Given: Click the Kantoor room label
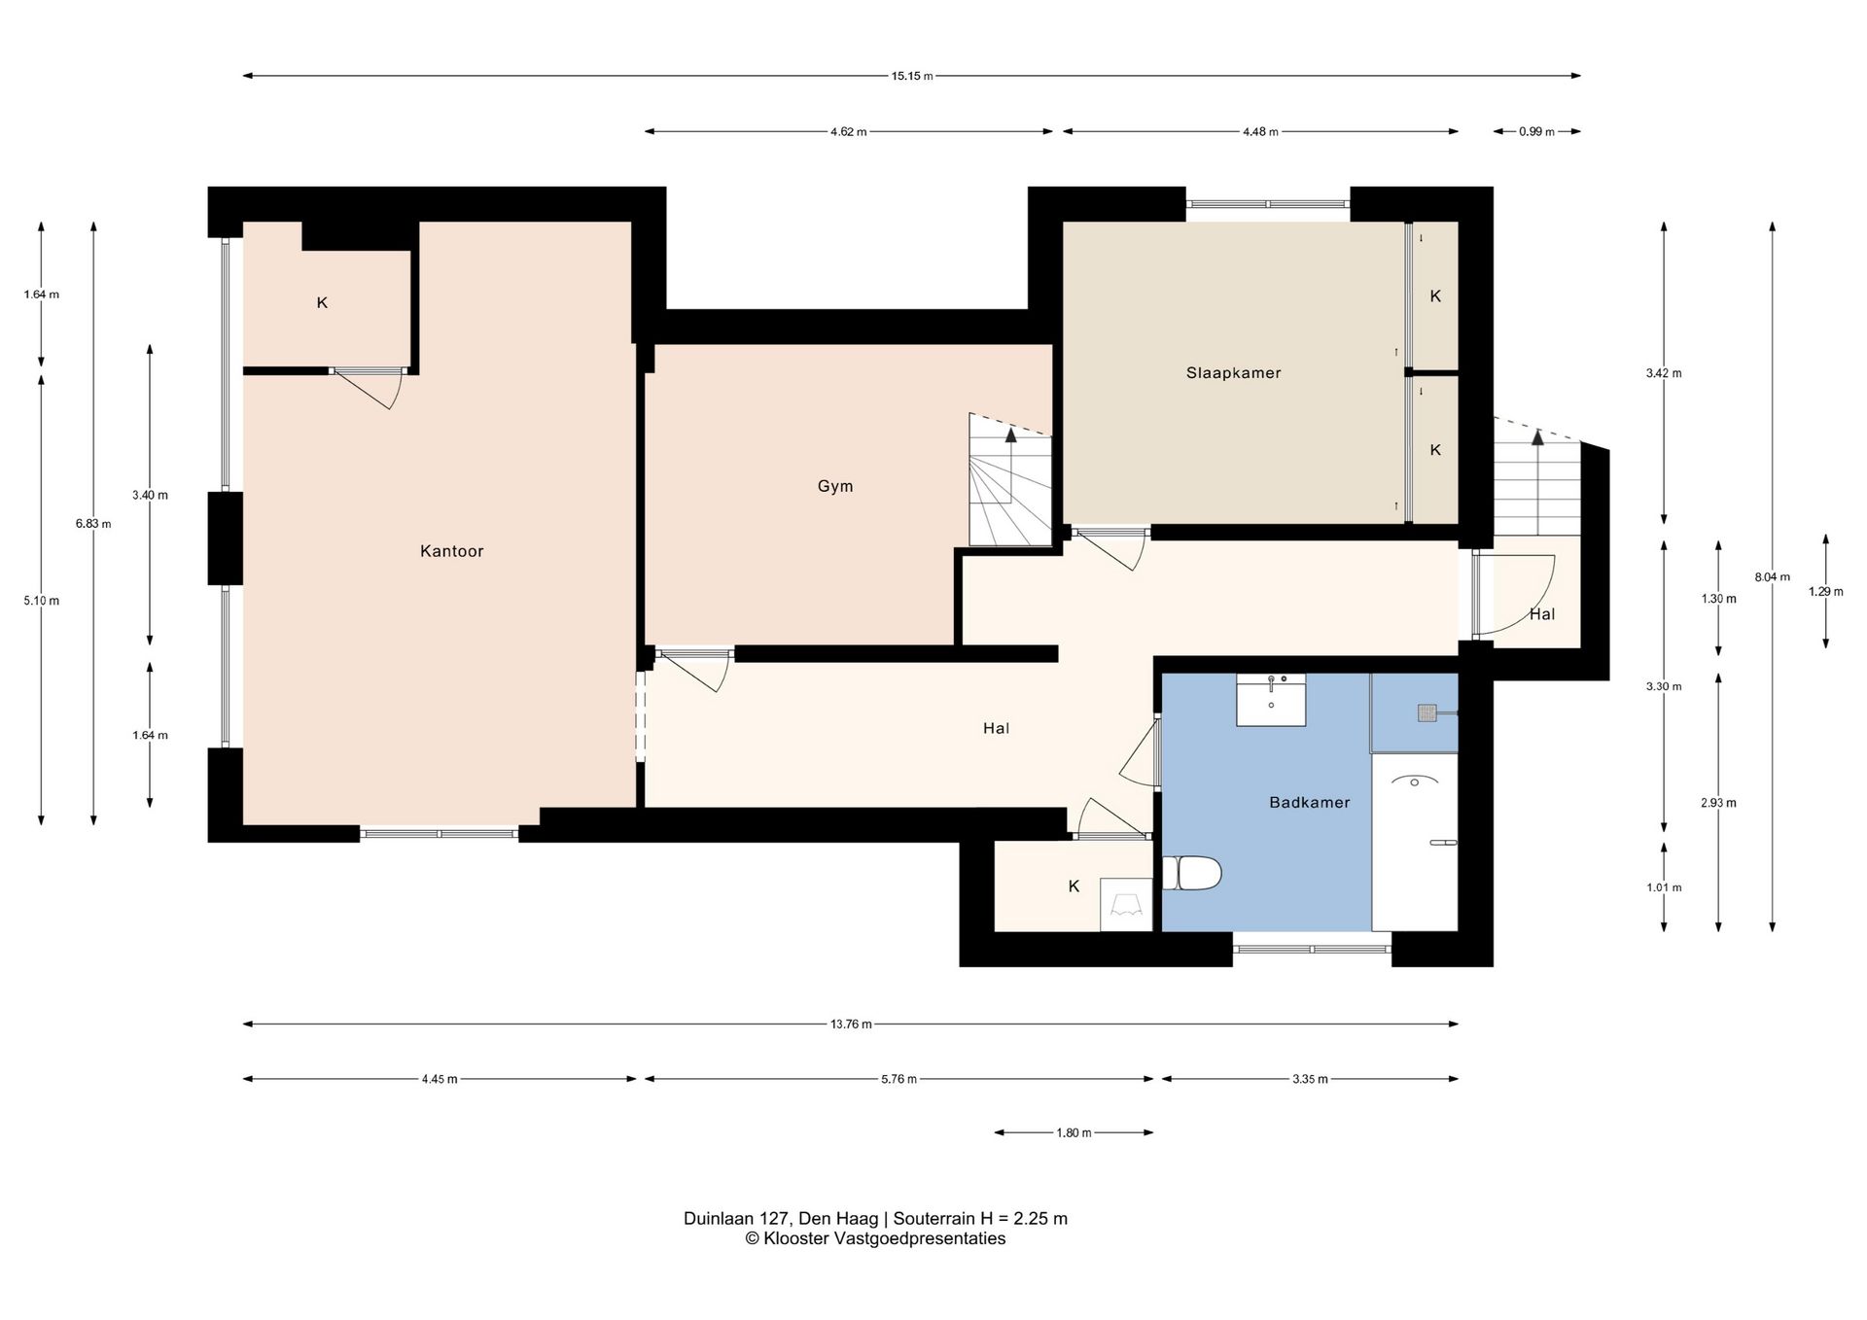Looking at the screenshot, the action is (x=451, y=551).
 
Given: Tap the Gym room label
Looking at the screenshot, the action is (x=835, y=486).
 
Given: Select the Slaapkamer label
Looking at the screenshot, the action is (x=1233, y=372).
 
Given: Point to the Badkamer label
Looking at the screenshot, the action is (x=1309, y=802).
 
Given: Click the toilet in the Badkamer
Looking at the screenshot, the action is (x=1191, y=873).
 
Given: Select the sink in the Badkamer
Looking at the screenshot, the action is (x=1271, y=700).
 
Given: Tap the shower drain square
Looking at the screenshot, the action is (x=1427, y=713).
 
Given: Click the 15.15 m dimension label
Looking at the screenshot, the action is (x=912, y=76).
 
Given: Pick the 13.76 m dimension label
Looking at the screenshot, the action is (x=851, y=1024).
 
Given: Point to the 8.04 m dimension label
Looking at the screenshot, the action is (x=1772, y=576).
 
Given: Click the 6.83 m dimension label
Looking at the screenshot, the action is (x=93, y=524).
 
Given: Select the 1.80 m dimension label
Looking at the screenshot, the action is (x=1074, y=1132).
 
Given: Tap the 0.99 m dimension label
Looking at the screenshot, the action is (x=1536, y=132).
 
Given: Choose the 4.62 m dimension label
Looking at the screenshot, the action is (x=848, y=132).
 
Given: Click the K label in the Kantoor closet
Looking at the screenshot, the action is (x=322, y=302).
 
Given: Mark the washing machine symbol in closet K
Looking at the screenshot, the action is (x=1126, y=904).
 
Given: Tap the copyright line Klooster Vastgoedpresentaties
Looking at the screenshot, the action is (x=875, y=1238).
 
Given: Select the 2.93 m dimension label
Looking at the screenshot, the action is (x=1718, y=803).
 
